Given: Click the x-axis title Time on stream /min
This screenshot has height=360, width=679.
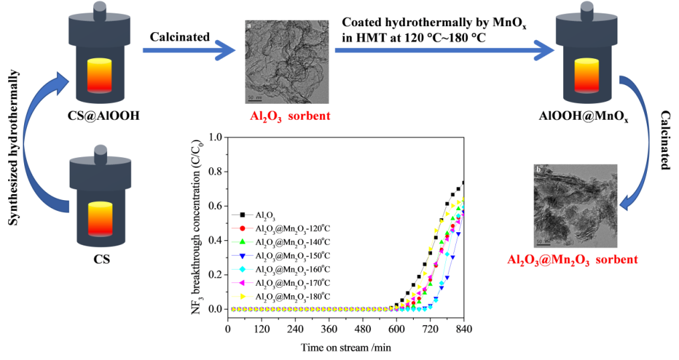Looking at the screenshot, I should coord(346,347).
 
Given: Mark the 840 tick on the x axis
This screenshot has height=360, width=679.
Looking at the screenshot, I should coord(462,329).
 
